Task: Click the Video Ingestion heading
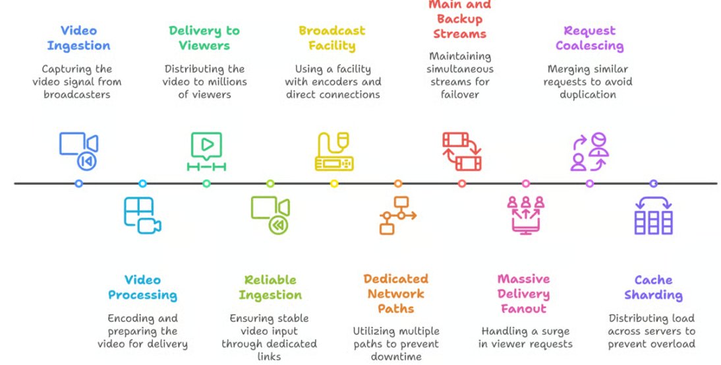[78, 38]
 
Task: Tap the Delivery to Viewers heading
[204, 38]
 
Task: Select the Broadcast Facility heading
[332, 38]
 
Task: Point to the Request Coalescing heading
[589, 38]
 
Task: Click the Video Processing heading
[142, 287]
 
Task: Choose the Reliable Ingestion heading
[270, 287]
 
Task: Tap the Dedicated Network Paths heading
[396, 294]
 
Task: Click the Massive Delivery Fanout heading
[523, 294]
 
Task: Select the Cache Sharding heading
[653, 287]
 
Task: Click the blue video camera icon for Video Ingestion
[78, 151]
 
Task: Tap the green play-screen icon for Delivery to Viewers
[206, 151]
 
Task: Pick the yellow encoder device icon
[333, 152]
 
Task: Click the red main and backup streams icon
[461, 151]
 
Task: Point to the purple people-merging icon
[589, 151]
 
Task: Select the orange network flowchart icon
[397, 215]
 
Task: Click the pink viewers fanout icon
[525, 215]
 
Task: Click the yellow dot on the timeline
[334, 183]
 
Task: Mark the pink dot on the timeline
[525, 183]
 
